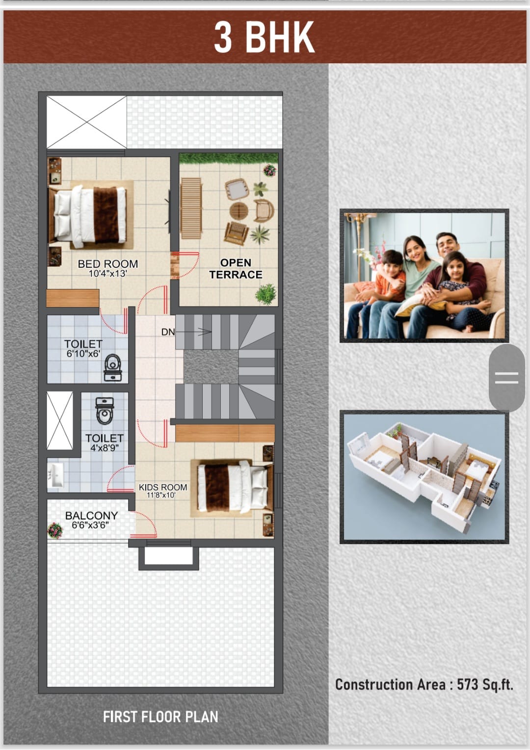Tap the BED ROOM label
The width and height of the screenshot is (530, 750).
[x=108, y=264]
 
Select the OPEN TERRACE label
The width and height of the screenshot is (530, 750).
[x=236, y=268]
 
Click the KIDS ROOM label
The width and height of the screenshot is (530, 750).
[x=163, y=487]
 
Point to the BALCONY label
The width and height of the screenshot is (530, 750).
[x=91, y=516]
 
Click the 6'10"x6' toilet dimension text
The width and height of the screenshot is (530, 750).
[x=83, y=354]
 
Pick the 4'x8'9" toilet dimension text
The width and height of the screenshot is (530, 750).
[x=105, y=448]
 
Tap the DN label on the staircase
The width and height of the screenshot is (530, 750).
[x=168, y=332]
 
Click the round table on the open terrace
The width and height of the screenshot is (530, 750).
[x=239, y=210]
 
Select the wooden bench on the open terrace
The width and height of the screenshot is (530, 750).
[x=191, y=208]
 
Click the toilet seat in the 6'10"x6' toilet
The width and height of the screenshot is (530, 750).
[x=113, y=367]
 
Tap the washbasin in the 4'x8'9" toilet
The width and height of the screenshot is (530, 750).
[x=55, y=475]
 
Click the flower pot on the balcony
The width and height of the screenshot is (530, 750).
[x=55, y=530]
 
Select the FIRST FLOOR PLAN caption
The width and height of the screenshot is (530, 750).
[x=160, y=717]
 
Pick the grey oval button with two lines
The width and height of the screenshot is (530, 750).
[x=506, y=377]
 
